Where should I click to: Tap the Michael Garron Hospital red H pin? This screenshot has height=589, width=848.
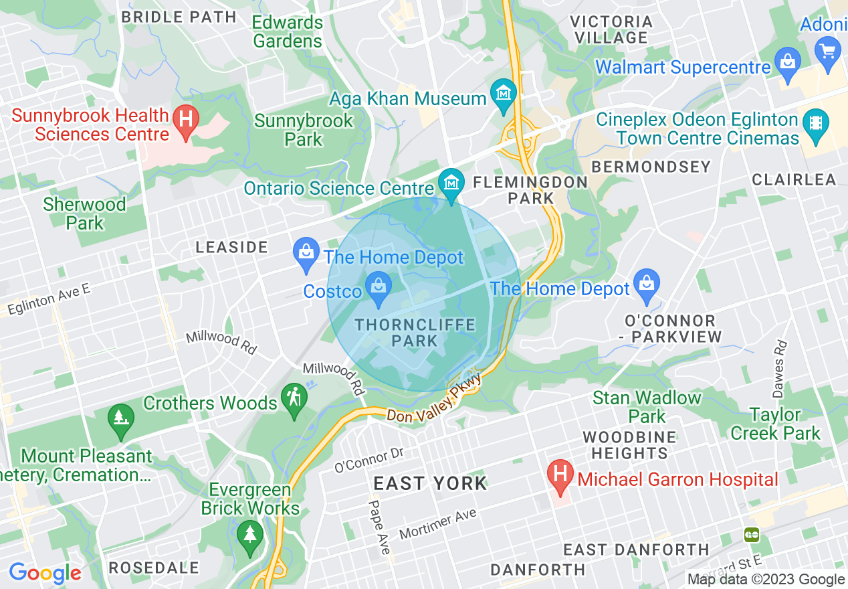coord(560,475)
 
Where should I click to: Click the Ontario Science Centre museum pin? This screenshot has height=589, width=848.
coord(451,183)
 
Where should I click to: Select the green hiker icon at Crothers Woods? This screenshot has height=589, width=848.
coord(294,398)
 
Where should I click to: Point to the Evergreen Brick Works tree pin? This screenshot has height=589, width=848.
coord(250,535)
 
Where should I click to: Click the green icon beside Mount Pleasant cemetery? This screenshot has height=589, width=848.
coord(121,419)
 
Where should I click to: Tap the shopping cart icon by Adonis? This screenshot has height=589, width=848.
coord(828,51)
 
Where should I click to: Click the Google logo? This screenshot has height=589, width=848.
coord(45,573)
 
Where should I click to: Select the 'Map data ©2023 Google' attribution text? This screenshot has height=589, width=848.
coord(766,580)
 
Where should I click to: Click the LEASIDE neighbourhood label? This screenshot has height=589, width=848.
coord(231,247)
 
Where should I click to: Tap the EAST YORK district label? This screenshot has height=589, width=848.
coord(430,483)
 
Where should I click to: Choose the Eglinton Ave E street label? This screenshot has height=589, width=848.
coord(48,298)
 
